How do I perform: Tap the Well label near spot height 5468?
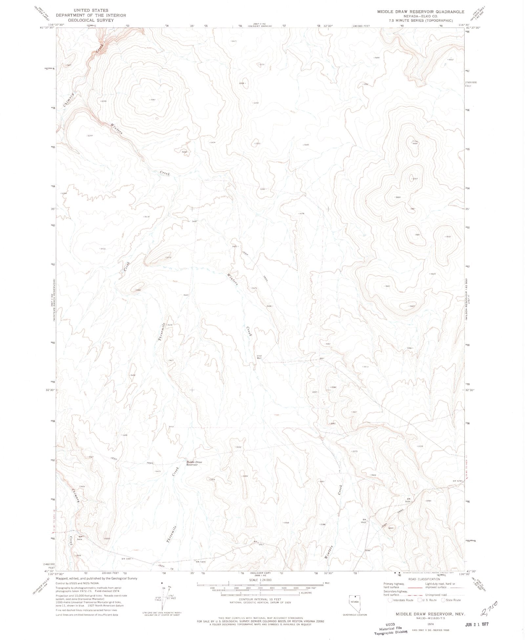[x=259, y=358]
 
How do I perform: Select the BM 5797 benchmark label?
[x=457, y=481]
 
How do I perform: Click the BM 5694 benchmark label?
[x=408, y=500]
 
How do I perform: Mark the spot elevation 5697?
[x=448, y=236]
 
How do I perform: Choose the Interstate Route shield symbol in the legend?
[x=390, y=600]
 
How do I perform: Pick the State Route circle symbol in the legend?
[x=443, y=600]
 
